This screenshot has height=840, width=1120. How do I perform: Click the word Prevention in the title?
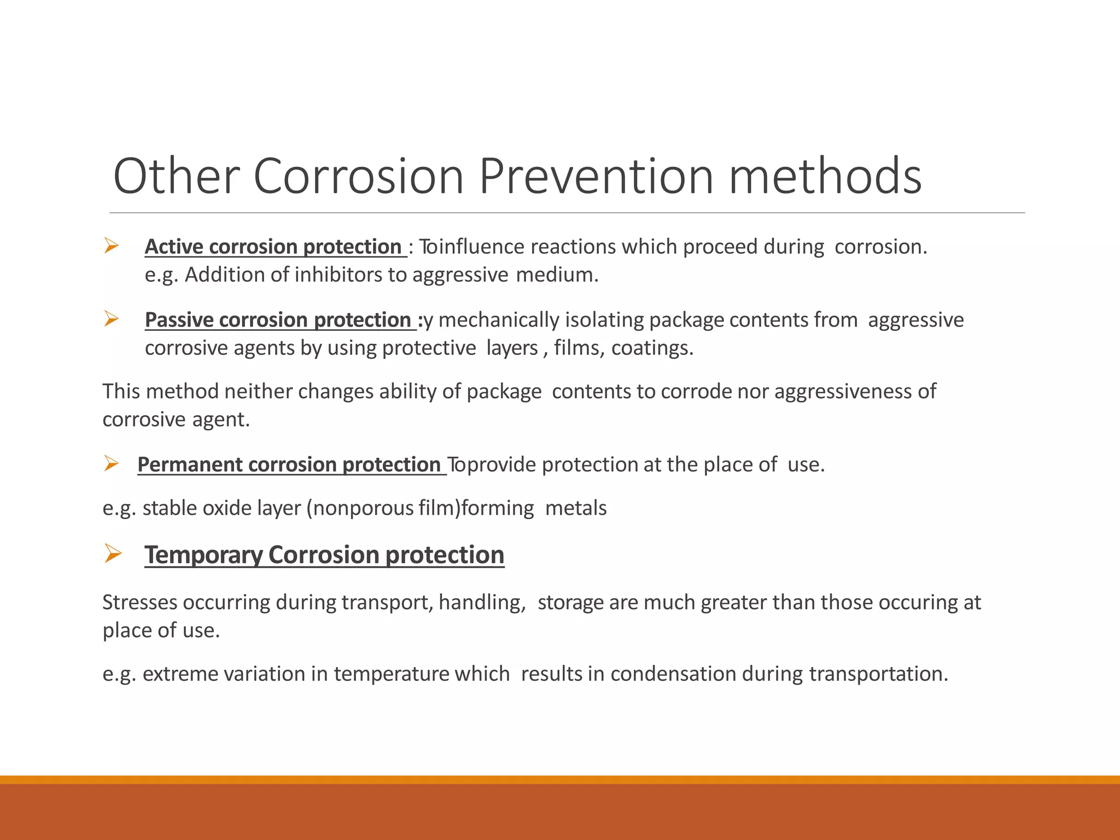click(x=596, y=176)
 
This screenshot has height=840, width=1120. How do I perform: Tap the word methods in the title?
click(x=825, y=176)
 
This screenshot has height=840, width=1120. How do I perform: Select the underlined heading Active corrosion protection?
click(x=273, y=247)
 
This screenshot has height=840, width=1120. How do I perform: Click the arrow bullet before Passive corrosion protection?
click(x=112, y=318)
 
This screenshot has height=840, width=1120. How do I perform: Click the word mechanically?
click(x=499, y=320)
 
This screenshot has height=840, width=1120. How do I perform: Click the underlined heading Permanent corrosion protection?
click(x=289, y=464)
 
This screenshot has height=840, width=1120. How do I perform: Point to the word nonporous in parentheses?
click(x=364, y=508)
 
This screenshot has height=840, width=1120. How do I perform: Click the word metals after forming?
click(x=576, y=508)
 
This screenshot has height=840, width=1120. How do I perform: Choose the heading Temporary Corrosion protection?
click(x=324, y=555)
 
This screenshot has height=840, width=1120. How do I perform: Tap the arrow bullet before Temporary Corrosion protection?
click(x=113, y=553)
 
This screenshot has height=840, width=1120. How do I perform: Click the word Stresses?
click(x=139, y=602)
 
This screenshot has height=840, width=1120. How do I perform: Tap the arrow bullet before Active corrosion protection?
click(x=112, y=246)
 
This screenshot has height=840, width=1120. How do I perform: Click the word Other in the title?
click(x=176, y=176)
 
